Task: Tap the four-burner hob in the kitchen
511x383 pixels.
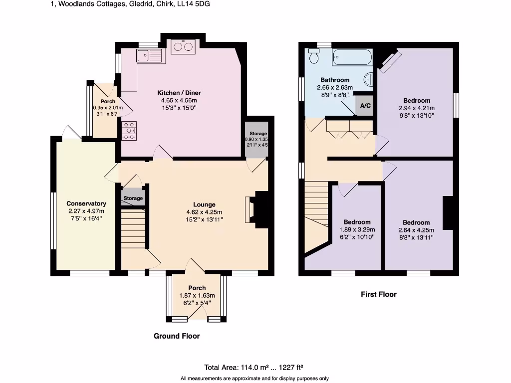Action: coord(129,131)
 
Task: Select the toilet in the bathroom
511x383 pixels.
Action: coord(314,56)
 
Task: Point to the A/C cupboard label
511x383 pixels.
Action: coord(365,106)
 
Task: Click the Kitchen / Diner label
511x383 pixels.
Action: coord(179,93)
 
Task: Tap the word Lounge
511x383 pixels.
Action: coord(205,204)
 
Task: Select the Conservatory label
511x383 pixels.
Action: coord(86,203)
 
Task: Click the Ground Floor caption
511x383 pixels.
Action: coord(177,336)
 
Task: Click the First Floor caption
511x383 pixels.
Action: coord(379,294)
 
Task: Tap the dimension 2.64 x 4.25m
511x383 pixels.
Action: coord(416,230)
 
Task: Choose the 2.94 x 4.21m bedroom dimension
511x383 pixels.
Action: coord(417,108)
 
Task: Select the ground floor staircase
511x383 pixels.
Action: coord(133,229)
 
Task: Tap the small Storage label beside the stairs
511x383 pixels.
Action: coord(133,198)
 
